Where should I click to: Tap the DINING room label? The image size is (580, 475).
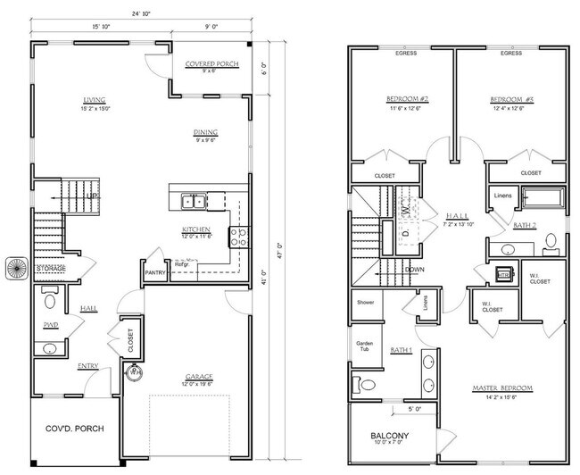(x=206, y=134)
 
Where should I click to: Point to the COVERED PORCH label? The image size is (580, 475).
(x=210, y=65)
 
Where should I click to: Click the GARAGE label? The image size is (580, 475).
(x=198, y=376)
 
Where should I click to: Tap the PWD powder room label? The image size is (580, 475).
(x=49, y=325)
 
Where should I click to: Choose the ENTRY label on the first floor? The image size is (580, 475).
(x=88, y=365)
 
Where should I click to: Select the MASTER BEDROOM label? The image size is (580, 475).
(x=503, y=387)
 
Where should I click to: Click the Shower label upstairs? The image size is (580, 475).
(x=365, y=302)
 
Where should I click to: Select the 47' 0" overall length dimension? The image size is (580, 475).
(x=279, y=245)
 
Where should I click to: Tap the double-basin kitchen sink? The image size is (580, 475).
(x=192, y=201)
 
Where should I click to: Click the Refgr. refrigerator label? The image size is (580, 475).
(x=182, y=264)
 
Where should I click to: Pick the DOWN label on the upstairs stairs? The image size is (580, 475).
(x=414, y=269)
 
